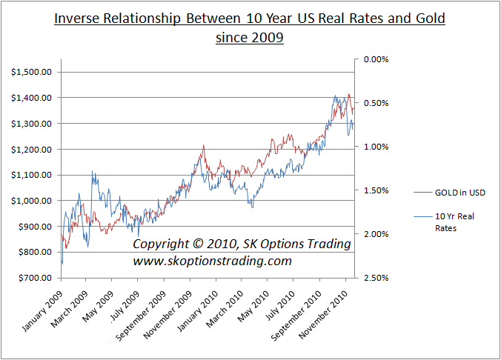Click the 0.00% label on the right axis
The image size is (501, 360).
[374, 59]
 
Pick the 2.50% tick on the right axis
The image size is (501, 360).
[374, 278]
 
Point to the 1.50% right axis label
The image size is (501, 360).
[374, 190]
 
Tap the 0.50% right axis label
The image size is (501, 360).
[374, 102]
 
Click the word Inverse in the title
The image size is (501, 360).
[79, 17]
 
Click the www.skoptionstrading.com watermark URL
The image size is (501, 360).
[212, 261]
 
